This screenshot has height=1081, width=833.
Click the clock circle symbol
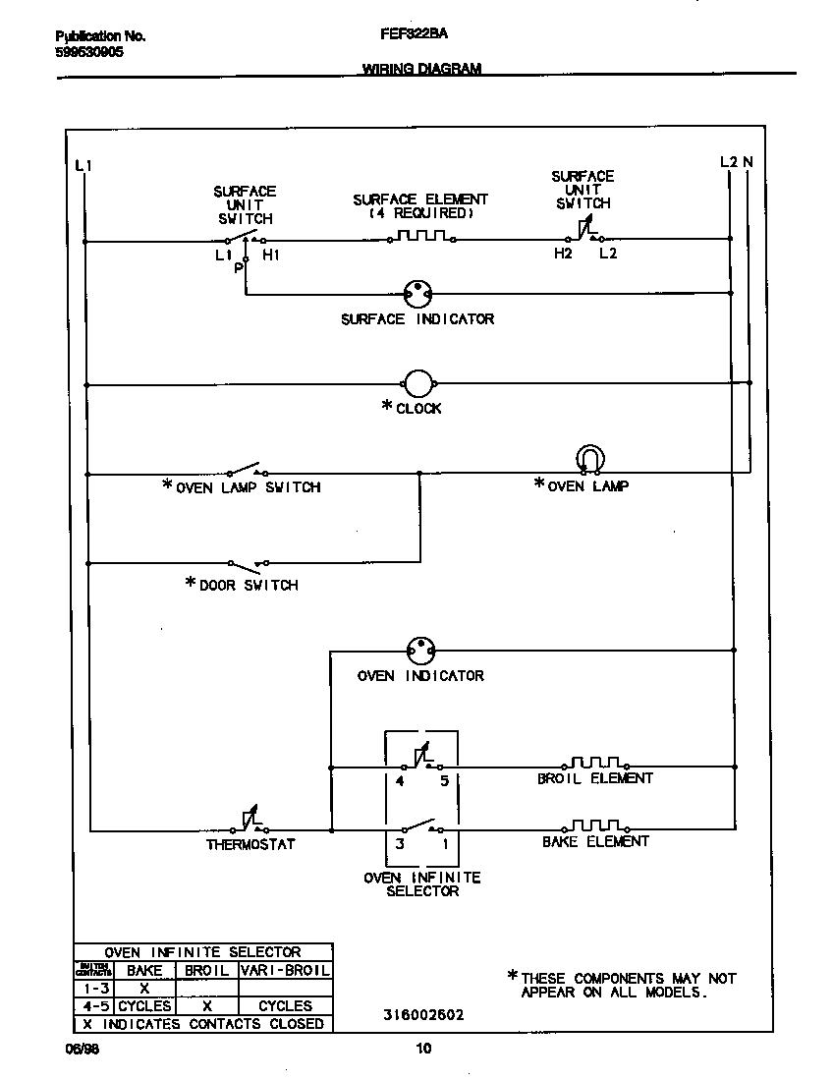pos(418,384)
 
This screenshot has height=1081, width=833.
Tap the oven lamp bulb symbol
pos(589,459)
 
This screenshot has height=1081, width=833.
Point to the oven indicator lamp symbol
pos(420,650)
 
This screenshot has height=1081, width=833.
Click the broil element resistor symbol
pos(595,763)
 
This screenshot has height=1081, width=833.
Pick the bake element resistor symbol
pos(595,825)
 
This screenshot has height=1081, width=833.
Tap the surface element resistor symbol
pos(420,237)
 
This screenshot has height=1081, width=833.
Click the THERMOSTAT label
pos(250,844)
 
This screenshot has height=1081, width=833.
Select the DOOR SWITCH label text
pos(249,585)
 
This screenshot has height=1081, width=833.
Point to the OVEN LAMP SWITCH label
pos(248,486)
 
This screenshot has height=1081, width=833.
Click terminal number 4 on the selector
pos(400,781)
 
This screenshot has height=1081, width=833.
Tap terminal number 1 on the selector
pos(444,843)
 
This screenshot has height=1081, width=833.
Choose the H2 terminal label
pos(562,255)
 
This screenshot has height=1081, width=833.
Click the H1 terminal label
pos(271,256)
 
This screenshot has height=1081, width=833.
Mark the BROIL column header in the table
pos(206,970)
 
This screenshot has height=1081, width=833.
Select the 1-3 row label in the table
pos(95,988)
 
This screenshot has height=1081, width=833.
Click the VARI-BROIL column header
pos(285,970)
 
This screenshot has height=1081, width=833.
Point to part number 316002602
pos(425,1015)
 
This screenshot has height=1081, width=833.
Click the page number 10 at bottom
pos(423,1049)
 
